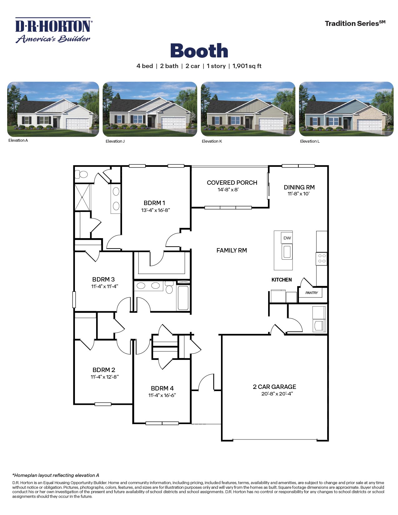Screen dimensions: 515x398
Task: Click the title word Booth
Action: (199, 51)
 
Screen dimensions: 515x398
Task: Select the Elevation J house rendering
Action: (150, 109)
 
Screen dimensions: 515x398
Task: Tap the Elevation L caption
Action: (310, 141)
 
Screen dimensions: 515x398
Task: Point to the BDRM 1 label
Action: (154, 203)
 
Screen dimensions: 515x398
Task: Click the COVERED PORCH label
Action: (232, 183)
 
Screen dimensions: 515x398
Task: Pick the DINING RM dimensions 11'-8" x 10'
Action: (298, 194)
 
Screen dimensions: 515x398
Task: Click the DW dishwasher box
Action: (287, 238)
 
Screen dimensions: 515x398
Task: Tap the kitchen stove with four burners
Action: (322, 259)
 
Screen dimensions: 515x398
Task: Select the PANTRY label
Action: (312, 293)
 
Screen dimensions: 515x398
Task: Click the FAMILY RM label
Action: (232, 250)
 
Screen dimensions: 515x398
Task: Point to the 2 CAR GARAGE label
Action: (274, 387)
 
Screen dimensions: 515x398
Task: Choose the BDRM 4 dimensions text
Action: (162, 395)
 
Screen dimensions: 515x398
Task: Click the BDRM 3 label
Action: (103, 279)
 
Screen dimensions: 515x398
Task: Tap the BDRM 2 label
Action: (104, 370)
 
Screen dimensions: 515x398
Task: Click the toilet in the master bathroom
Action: (82, 174)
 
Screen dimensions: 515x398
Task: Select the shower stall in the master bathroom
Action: (82, 197)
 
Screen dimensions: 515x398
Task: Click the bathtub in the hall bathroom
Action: (183, 298)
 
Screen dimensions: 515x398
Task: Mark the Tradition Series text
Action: (355, 23)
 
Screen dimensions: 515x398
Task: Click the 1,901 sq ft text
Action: (247, 66)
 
